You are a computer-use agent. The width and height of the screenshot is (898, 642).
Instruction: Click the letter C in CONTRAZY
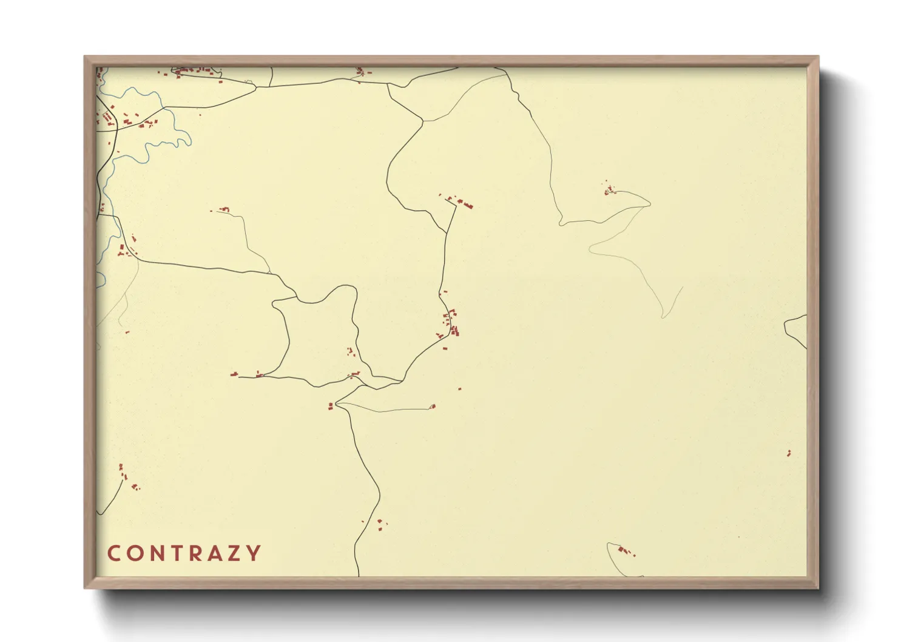pyautogui.click(x=113, y=553)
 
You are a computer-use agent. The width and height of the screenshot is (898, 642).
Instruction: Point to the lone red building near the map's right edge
pyautogui.click(x=789, y=453)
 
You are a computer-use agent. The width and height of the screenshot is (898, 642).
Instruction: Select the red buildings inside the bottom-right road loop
pyautogui.click(x=625, y=551)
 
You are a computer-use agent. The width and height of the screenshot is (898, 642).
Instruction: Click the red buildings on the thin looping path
pyautogui.click(x=609, y=191)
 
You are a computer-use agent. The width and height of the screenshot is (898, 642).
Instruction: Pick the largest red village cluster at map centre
pyautogui.click(x=451, y=325)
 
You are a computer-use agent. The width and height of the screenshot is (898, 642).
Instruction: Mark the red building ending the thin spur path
pyautogui.click(x=433, y=407)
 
